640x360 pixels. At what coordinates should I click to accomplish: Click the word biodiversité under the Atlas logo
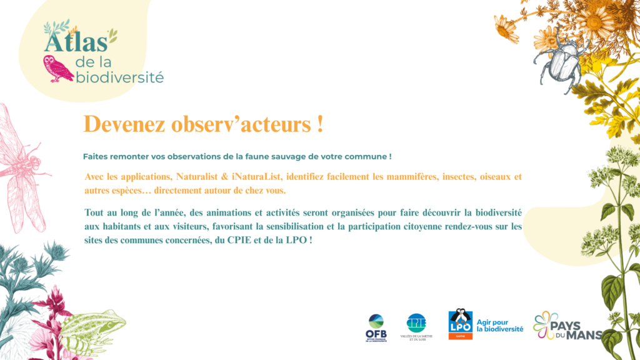(119, 77)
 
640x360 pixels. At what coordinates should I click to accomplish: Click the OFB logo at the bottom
(376, 327)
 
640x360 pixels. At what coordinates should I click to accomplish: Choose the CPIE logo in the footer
(416, 326)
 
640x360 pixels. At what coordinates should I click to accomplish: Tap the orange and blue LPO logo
(461, 324)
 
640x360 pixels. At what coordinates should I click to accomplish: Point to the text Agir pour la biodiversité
(499, 325)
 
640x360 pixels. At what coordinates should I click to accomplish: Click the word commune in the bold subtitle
(365, 156)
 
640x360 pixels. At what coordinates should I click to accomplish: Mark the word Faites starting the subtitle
(95, 156)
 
